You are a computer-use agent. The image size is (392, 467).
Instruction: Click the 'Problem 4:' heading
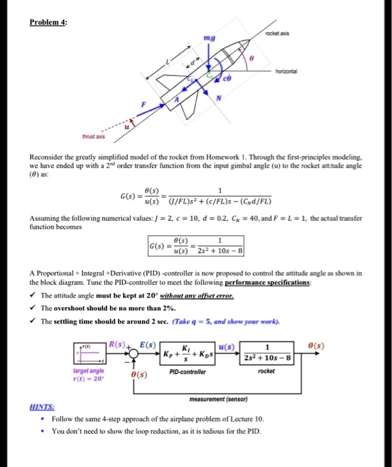[x=49, y=21]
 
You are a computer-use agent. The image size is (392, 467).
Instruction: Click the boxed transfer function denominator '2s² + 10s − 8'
[x=220, y=252]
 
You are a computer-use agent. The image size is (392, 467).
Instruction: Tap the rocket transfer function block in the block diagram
[x=266, y=352]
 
